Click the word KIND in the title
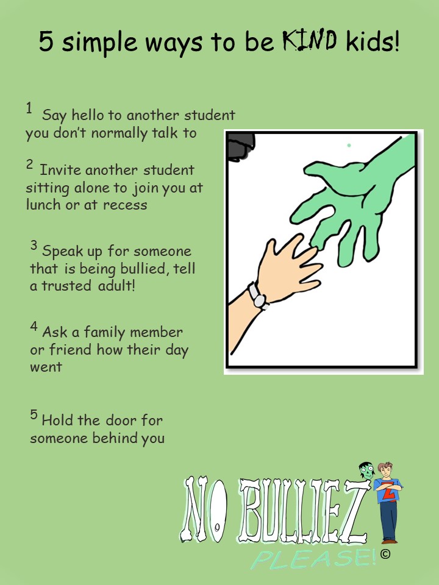point(310,40)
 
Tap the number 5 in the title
point(46,41)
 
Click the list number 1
point(29,108)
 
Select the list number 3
point(34,245)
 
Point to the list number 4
point(34,327)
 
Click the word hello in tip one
point(87,115)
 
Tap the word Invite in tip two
point(60,170)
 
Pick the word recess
point(125,205)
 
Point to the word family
point(105,332)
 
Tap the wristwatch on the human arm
point(258,296)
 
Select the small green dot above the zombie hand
point(349,145)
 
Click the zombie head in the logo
point(366,471)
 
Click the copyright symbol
point(385,554)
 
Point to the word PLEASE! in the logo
point(314,559)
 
